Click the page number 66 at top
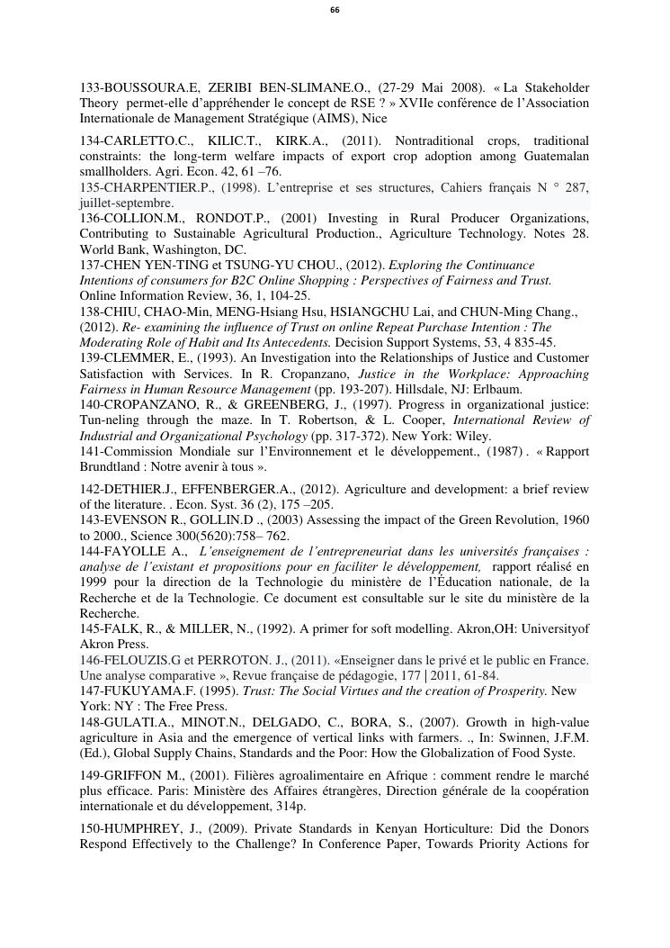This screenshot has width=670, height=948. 335,10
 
